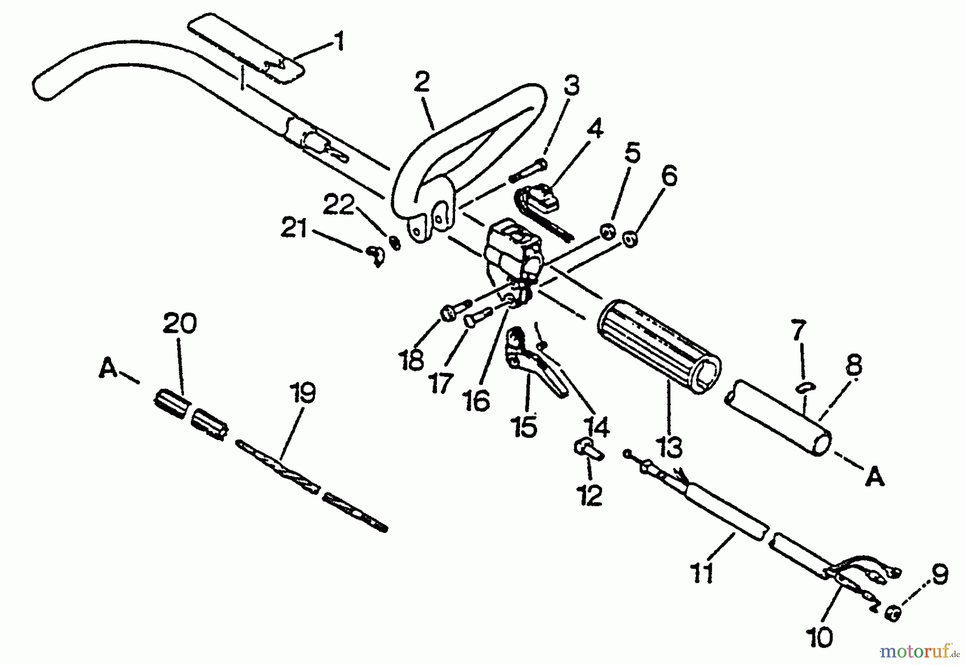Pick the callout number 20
tap(180, 324)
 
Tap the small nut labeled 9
tap(892, 611)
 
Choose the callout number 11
tap(702, 573)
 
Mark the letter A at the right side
tap(875, 476)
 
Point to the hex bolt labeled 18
tap(448, 312)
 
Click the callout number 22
tap(339, 204)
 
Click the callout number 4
tap(594, 129)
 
